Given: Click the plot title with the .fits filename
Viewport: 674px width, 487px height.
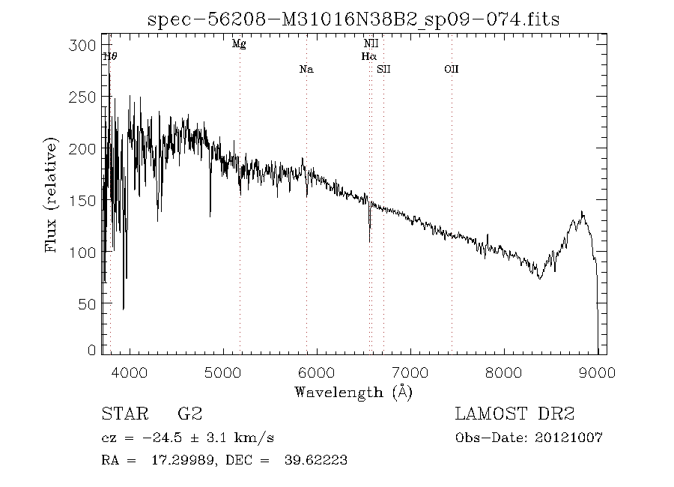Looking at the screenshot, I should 354,19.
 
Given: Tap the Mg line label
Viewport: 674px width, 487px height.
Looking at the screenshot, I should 239,44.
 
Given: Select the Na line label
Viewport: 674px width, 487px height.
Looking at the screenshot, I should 306,70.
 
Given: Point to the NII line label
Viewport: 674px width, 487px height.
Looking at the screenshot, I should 371,44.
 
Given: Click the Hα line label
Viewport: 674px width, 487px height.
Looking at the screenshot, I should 368,56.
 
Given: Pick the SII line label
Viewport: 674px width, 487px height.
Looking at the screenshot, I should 384,70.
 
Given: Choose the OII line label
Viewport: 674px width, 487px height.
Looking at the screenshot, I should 451,70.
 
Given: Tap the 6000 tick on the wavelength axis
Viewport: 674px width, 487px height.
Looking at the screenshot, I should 317,372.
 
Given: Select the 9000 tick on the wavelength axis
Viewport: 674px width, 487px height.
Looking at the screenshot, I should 598,372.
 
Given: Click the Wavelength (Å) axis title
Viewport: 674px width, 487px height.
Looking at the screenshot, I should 353,392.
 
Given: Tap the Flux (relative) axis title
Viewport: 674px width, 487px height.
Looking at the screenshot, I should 52,195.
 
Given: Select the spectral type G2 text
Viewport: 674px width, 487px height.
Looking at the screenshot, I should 189,414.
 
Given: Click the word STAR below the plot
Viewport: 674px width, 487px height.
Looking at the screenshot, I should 123,414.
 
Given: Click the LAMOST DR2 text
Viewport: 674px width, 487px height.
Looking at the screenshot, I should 515,414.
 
